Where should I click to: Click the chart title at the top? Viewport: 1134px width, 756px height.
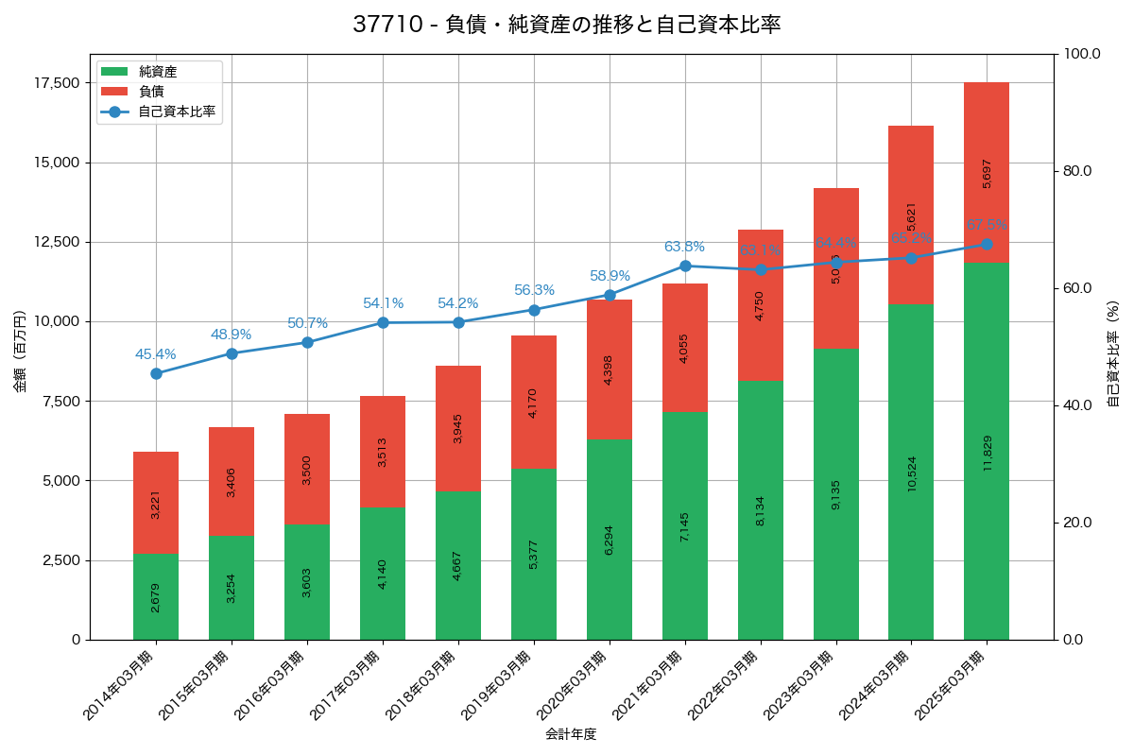click(567, 26)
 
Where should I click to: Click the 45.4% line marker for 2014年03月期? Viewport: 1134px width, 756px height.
click(156, 373)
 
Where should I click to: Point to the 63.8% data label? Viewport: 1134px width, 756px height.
click(684, 247)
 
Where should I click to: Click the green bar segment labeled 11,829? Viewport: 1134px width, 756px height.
click(987, 451)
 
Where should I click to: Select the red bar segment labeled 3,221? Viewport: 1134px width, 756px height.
click(156, 503)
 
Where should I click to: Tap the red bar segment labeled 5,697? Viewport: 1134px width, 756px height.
click(987, 172)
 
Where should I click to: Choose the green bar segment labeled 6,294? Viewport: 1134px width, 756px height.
click(610, 540)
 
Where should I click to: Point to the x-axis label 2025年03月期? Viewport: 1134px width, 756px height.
click(951, 685)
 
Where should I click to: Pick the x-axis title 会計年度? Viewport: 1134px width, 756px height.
click(571, 734)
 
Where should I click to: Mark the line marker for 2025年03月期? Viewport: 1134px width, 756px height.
click(987, 244)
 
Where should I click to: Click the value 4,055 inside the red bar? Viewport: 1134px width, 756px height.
click(685, 348)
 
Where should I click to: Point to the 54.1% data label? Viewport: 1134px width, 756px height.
click(383, 303)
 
